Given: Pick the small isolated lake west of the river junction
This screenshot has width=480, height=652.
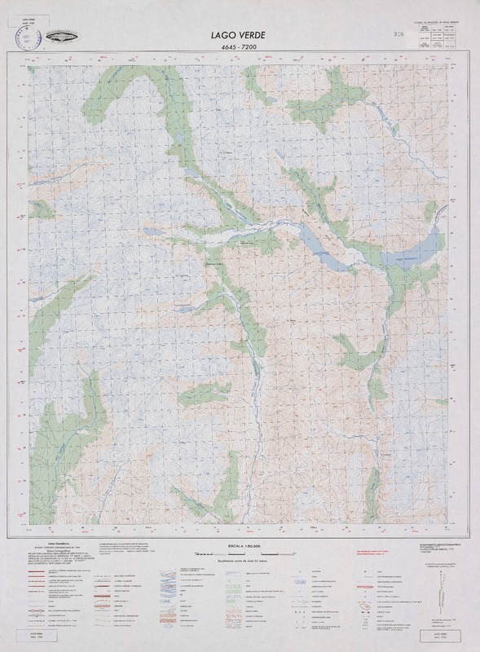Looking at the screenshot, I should click(152, 232).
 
